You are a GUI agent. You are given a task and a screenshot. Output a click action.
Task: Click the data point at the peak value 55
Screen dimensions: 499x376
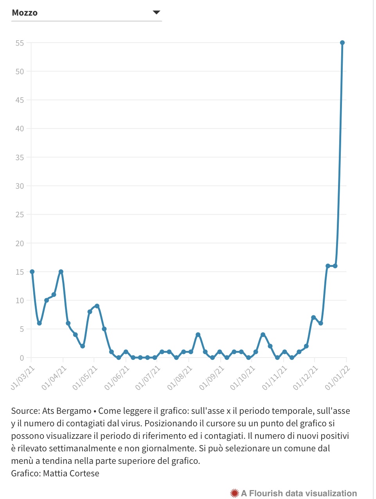342,43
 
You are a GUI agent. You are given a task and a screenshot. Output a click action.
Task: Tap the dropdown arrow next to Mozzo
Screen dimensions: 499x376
157,13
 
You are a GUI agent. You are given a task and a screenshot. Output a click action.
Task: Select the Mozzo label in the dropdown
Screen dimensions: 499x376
25,13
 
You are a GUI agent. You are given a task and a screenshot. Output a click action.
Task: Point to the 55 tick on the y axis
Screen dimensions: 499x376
20,43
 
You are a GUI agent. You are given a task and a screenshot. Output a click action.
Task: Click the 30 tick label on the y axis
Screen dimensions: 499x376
20,186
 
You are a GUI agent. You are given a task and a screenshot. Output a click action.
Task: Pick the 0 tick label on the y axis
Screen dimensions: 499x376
22,358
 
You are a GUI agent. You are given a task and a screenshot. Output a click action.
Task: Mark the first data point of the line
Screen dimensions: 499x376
32,272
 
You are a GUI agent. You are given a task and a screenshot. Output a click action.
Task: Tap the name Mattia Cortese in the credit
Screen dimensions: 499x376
71,473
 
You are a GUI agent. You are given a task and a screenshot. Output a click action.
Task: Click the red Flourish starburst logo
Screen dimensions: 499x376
234,493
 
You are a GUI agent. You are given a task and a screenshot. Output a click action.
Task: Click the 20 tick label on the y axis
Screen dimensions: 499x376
20,243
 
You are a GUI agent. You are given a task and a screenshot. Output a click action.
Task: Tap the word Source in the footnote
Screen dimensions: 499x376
24,411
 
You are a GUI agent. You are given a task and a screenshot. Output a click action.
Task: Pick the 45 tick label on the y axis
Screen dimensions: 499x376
20,100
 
